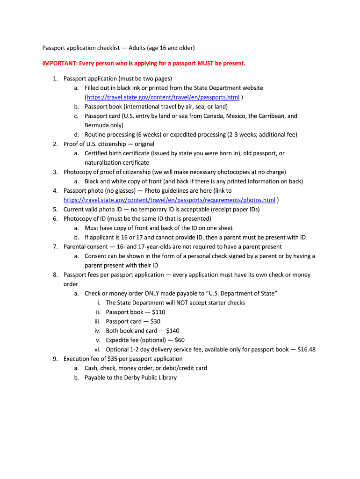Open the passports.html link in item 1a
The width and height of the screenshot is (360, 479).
(163, 97)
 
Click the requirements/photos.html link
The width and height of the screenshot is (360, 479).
(169, 200)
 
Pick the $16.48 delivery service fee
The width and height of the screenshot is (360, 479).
(306, 349)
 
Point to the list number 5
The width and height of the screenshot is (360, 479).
(55, 210)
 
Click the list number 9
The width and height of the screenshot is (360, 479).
(55, 359)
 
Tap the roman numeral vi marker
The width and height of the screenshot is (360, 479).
(98, 349)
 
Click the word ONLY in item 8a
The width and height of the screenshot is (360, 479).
(152, 293)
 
